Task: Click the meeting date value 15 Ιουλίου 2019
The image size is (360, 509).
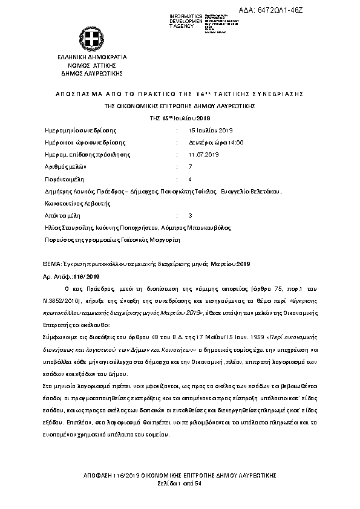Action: click(x=211, y=130)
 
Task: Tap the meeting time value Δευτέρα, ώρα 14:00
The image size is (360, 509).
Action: click(x=215, y=142)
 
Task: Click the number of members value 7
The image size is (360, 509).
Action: click(x=191, y=166)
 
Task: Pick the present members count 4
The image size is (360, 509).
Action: click(x=191, y=180)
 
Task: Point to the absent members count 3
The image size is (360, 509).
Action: click(x=191, y=215)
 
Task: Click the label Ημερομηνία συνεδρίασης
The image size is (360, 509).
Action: click(x=81, y=130)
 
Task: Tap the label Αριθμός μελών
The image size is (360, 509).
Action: click(x=67, y=166)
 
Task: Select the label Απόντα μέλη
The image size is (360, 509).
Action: click(x=63, y=215)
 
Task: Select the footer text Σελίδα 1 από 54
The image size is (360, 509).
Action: click(x=180, y=485)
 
